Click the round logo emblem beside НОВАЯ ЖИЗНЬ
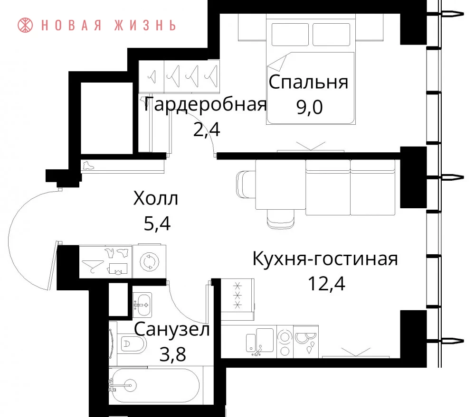coord(25,25)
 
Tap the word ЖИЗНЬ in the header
coord(145,25)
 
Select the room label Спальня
coord(308,82)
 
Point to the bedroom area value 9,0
coord(309,107)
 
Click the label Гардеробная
coord(205,104)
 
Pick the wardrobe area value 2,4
coord(207,130)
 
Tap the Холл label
coord(156,198)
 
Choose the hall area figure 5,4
coord(157,223)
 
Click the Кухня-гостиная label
coord(325,259)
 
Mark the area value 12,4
coord(327,284)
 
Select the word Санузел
coord(172,329)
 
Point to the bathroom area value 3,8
coord(173,354)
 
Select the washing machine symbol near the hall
coord(150,261)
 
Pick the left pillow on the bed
coord(290,35)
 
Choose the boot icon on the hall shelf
coord(88,166)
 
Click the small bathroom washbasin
coord(142,305)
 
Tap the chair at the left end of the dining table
coord(246,184)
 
